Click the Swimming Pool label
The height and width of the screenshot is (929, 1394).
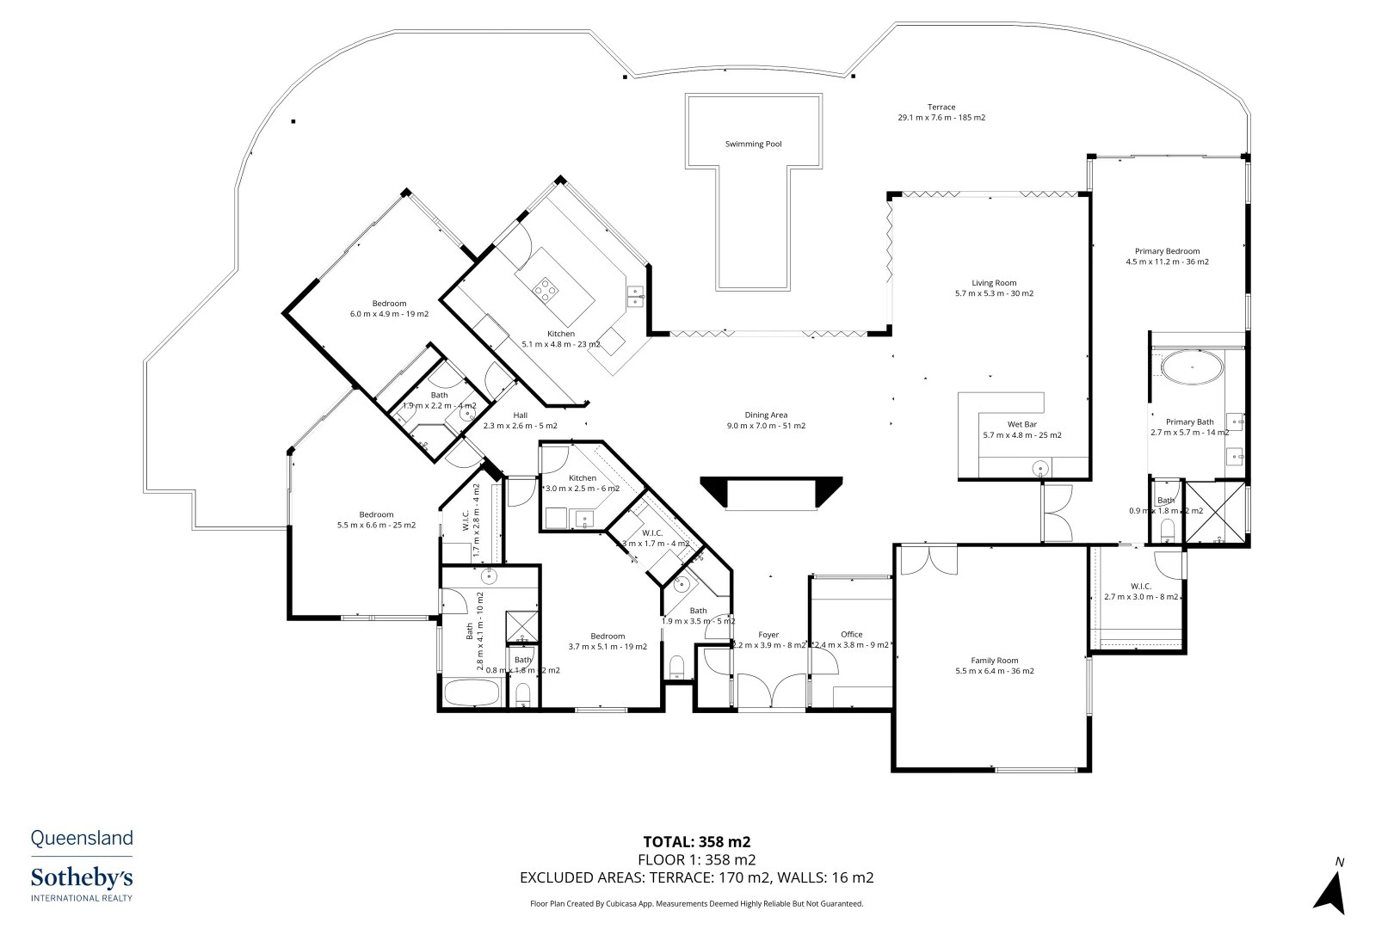coord(753,145)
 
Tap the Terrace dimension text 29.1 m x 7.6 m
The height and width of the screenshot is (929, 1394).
coord(941,118)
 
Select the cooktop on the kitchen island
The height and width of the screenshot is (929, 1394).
coord(545,290)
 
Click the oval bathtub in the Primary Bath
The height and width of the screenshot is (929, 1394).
coord(1192,367)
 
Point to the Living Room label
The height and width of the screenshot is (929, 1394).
coord(994,283)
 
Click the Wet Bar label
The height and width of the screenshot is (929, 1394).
coord(1022,425)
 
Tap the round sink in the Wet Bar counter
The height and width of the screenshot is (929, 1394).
coord(1041,469)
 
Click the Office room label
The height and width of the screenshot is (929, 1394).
coord(852,635)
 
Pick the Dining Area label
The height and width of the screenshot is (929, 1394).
coord(766,415)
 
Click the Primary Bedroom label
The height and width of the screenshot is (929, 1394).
coord(1167,251)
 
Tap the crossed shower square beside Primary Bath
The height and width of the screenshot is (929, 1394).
coord(1216,513)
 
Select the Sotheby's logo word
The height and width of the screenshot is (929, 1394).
coord(82,878)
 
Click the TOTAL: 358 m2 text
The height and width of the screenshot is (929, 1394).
coord(697,842)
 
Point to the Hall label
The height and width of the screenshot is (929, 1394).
coord(520,415)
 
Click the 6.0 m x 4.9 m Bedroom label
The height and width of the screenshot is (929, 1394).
coord(389,304)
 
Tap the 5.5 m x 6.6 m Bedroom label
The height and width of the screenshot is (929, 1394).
coord(376,515)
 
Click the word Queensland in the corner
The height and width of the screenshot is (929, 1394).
coord(82,838)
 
